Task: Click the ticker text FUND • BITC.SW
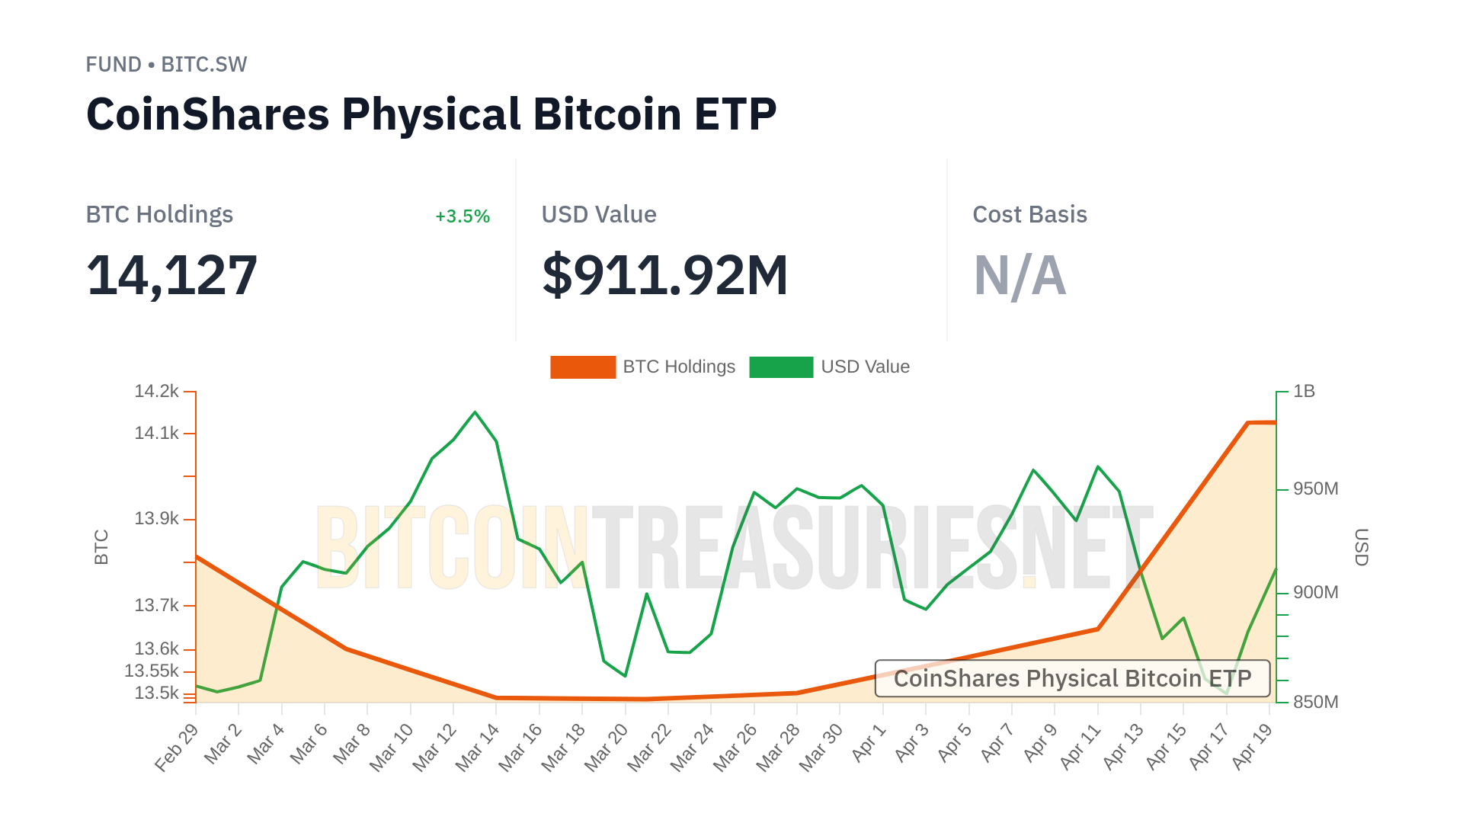[166, 65]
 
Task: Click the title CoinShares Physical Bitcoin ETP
[431, 114]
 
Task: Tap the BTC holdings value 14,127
[172, 275]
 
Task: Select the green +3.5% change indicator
[462, 216]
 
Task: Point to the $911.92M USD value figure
[664, 275]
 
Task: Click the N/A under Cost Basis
[1020, 275]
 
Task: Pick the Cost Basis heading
[1029, 215]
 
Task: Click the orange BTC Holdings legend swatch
[583, 367]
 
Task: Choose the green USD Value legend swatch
[781, 367]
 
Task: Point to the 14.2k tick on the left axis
[157, 392]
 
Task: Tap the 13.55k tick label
[152, 671]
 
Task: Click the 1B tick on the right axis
[1304, 392]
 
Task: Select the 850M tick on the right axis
[1315, 702]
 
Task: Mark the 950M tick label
[1315, 488]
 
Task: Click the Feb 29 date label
[177, 748]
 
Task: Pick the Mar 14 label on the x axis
[478, 748]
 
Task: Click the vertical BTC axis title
[101, 547]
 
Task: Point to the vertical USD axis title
[1362, 547]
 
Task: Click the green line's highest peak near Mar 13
[475, 412]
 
